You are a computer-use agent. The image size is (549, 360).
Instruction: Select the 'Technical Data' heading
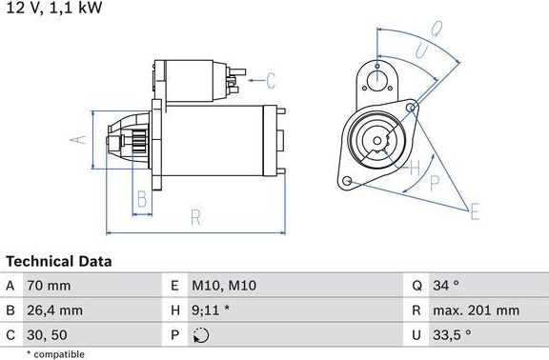coord(59,261)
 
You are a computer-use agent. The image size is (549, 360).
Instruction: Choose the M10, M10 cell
coord(225,285)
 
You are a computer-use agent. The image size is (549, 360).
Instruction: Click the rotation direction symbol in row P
coord(199,334)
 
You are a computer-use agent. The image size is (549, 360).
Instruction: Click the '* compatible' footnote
coord(55,353)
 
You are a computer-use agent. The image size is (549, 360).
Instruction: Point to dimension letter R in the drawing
coord(195,217)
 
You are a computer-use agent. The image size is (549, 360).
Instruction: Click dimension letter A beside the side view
coord(80,140)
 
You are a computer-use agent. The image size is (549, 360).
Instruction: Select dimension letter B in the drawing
coord(141,200)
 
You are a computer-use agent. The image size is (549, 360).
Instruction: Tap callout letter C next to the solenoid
coord(270,80)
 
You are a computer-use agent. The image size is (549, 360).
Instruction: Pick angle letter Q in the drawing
coord(435,30)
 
